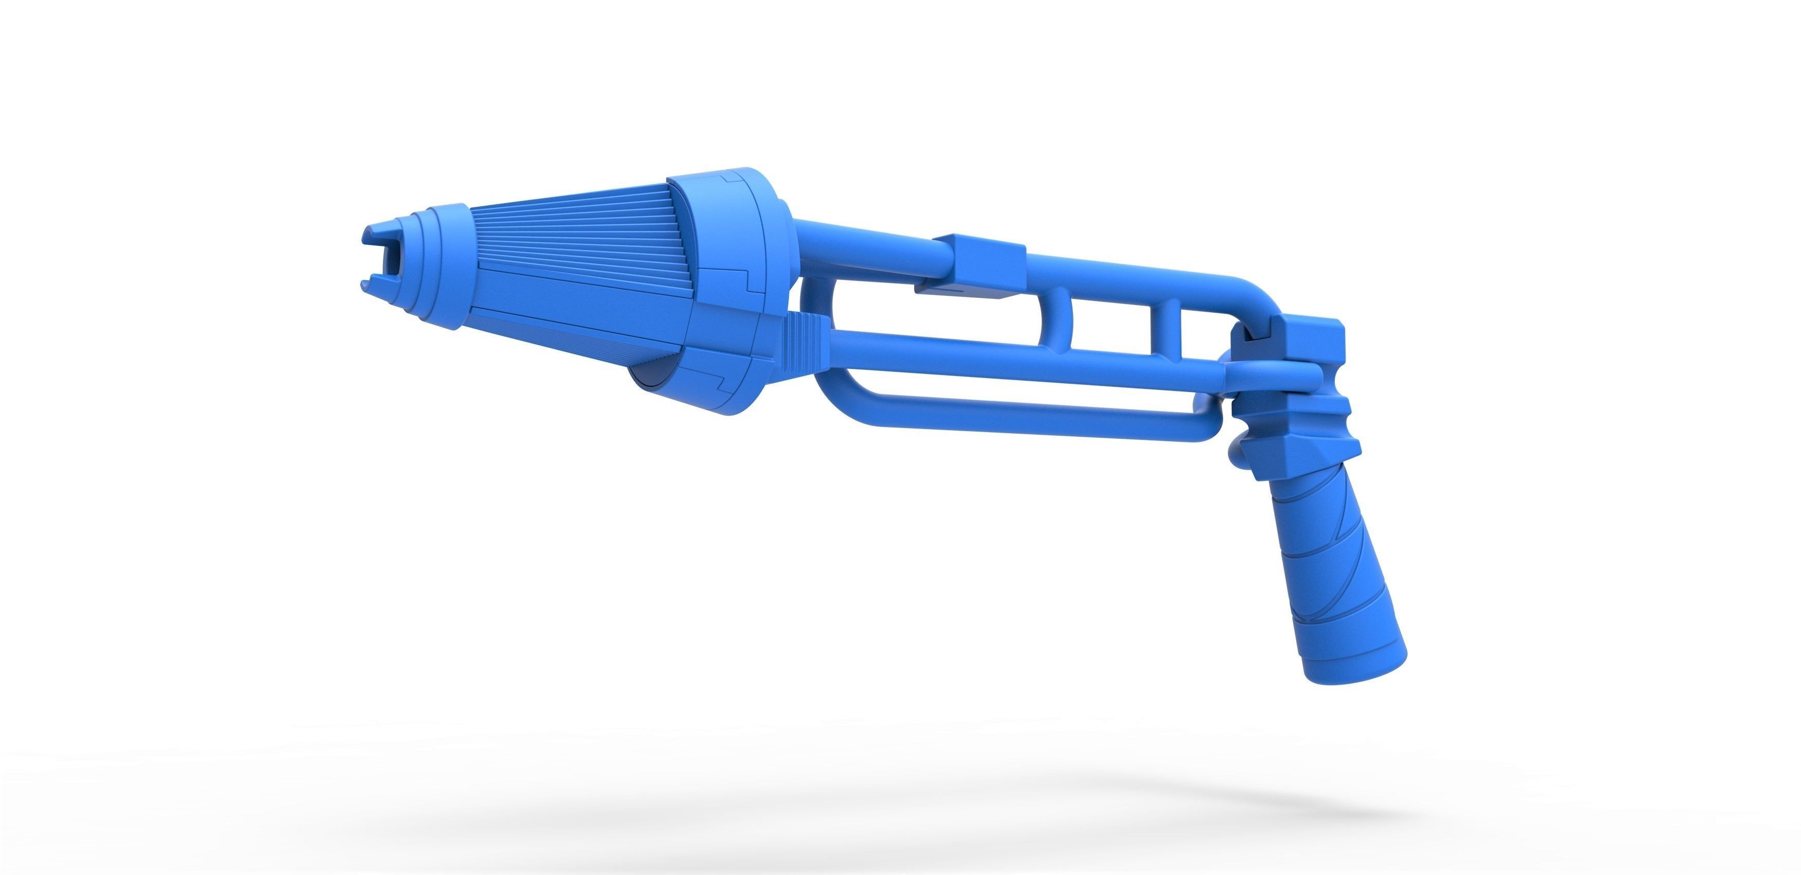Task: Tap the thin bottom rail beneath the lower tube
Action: [1014, 413]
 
